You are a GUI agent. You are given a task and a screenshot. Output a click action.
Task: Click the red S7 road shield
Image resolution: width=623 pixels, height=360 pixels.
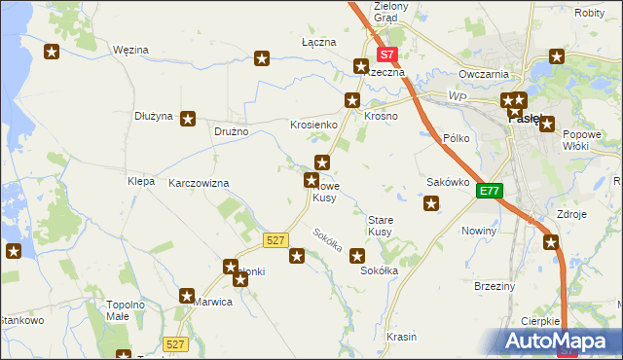point(387,56)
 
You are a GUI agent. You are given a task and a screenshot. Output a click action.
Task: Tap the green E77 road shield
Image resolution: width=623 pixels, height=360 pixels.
point(489,192)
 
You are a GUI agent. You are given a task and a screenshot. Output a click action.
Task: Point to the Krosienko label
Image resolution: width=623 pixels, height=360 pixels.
point(313,126)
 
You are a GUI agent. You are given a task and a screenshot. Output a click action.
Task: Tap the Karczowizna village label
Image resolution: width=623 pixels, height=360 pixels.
point(199,183)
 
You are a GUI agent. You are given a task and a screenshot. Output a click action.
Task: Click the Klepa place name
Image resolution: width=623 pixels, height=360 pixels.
point(141,181)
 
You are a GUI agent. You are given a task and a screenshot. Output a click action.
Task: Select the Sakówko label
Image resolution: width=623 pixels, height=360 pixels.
point(449,182)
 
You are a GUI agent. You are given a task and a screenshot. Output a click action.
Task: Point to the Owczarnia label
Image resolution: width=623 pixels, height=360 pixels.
point(485,74)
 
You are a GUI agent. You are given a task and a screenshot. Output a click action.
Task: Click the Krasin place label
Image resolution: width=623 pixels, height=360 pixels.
point(401,337)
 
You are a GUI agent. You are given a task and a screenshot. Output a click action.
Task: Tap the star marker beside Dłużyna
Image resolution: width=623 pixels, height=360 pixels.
point(188,118)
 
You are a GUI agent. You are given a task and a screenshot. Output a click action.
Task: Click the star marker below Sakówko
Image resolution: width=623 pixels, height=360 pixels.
point(431,203)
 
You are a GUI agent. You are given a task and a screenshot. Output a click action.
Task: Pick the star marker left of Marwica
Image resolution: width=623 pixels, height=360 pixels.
point(188,295)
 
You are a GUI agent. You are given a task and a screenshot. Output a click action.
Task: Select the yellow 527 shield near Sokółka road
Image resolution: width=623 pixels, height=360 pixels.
point(275,239)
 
